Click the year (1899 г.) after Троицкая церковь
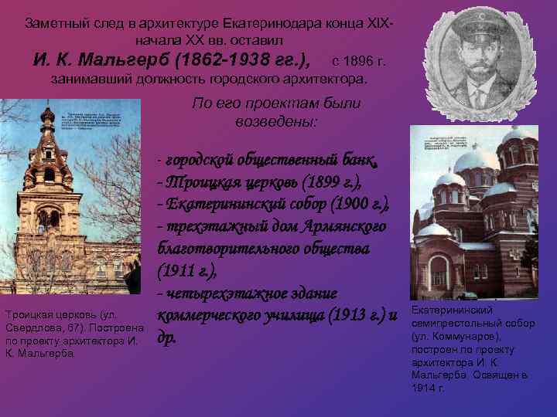(326, 183)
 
